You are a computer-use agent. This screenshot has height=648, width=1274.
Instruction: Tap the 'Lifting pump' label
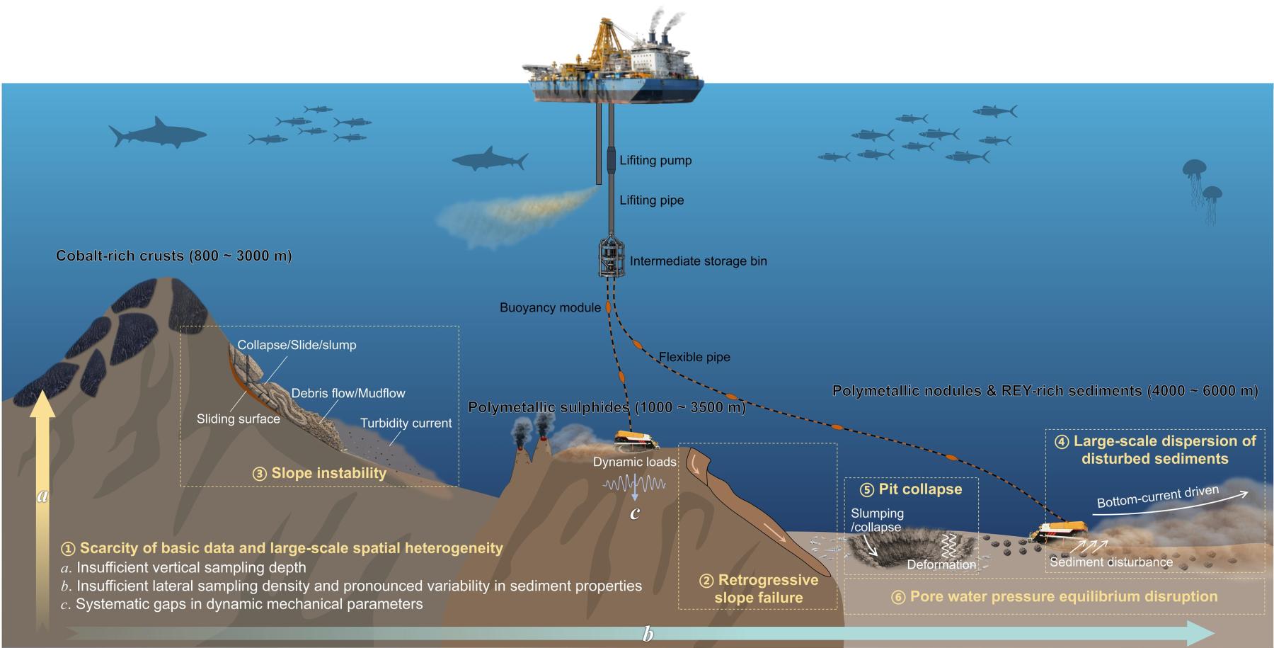coord(655,160)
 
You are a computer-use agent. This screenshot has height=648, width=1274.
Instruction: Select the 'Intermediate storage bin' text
coord(698,261)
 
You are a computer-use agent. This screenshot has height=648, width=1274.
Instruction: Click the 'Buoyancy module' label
coord(550,307)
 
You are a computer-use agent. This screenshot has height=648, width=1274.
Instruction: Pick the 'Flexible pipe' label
coord(694,357)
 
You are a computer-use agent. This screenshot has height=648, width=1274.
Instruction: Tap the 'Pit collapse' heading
coord(919,489)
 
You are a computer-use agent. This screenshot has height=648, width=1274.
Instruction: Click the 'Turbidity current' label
coord(406,423)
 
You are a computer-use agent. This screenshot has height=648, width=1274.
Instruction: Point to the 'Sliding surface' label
coord(238,419)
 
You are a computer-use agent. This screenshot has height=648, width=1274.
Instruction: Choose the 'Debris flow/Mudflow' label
coord(348,393)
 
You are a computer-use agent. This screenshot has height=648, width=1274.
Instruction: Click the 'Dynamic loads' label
coord(634,462)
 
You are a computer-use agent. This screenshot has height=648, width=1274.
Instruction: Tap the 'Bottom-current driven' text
coord(1157,496)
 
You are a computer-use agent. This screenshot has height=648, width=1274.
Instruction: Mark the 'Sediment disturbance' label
coord(1111,562)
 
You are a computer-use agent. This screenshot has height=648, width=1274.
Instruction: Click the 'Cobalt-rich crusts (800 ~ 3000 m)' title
coord(173,256)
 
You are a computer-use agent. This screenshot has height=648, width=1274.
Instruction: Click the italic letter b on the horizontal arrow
coord(648,634)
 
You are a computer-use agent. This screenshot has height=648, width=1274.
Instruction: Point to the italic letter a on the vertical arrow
coord(42,496)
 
